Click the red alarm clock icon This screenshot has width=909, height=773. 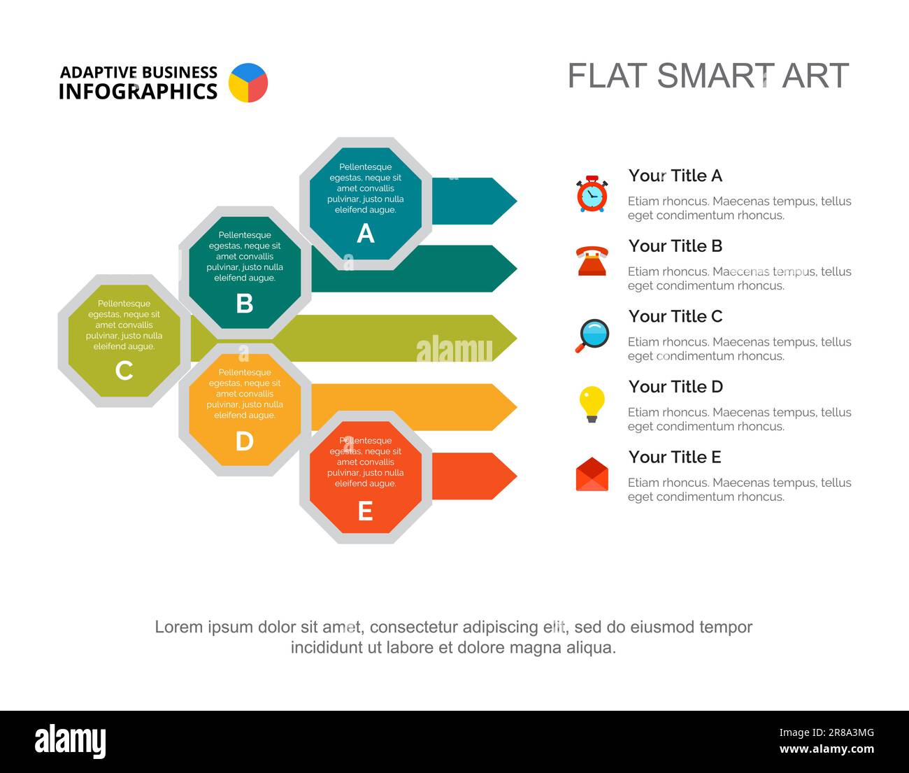[592, 194]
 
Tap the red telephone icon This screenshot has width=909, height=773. [592, 261]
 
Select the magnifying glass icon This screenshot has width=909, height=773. [592, 335]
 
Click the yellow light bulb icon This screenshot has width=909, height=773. [592, 404]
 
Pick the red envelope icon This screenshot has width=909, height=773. [592, 474]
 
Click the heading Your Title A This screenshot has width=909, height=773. [675, 176]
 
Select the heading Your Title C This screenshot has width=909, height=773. [675, 316]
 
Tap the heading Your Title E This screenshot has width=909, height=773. [675, 457]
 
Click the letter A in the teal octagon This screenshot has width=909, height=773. [366, 233]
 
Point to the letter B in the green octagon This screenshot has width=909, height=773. [245, 303]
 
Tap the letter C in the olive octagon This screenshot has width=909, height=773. [124, 371]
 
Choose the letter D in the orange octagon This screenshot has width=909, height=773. [245, 441]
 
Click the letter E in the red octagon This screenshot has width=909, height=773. [366, 511]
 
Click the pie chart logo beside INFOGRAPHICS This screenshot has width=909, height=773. [248, 83]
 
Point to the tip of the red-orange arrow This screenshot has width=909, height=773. [517, 476]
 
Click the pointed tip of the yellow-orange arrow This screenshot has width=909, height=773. [517, 407]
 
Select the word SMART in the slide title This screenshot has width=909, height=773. [715, 76]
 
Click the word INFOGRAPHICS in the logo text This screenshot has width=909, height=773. [138, 92]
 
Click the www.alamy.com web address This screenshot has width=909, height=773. [826, 749]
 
